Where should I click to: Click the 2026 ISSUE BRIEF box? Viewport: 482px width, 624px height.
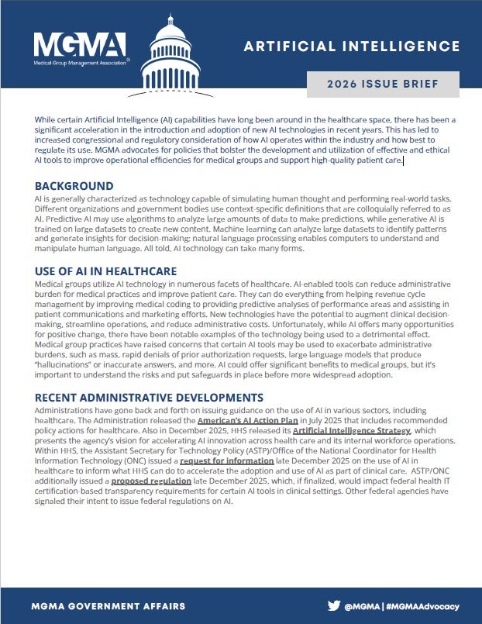382,84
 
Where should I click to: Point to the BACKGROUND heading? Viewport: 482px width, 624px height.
74,186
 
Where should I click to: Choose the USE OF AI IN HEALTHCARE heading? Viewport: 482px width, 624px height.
105,271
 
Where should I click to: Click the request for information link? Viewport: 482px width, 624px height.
226,460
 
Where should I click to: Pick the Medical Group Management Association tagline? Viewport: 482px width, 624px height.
80,60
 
